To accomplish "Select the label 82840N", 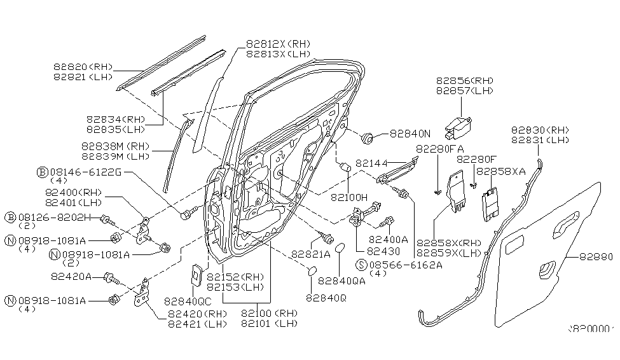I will (x=410, y=134).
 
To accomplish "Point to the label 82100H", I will (x=349, y=198).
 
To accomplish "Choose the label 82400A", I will (x=389, y=240).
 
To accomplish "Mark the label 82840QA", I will (x=341, y=280).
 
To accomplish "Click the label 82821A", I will (x=311, y=253).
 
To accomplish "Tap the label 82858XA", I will (x=500, y=171).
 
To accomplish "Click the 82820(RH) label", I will (x=82, y=66).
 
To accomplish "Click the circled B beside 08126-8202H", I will (x=10, y=218).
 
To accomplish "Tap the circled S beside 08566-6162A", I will (x=361, y=265).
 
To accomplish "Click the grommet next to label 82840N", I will (x=368, y=136).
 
